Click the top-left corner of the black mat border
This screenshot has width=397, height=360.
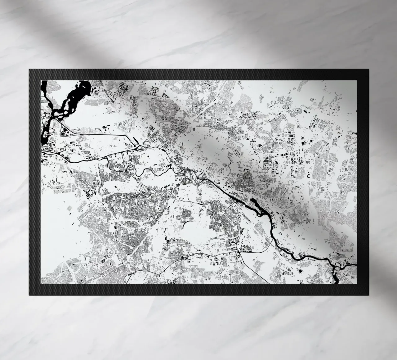pyautogui.click(x=29, y=69)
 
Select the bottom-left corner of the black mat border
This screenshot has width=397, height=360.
pyautogui.click(x=29, y=295)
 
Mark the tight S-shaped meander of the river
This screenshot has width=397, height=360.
pyautogui.click(x=132, y=169)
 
